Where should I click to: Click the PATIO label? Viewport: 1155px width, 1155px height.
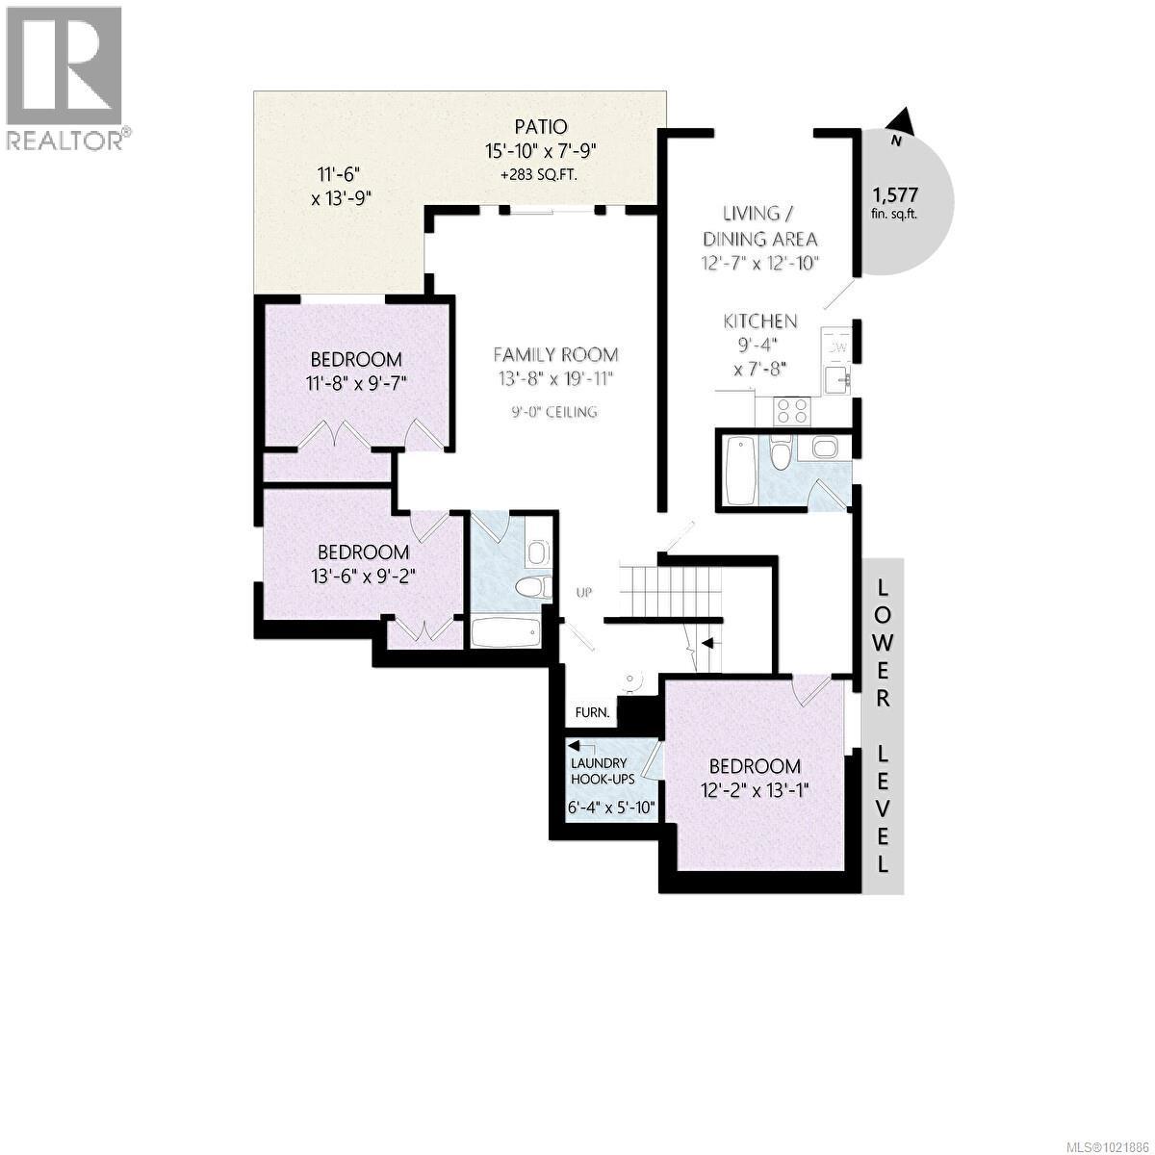[x=540, y=126]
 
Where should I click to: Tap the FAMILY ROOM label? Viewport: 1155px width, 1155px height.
[x=555, y=354]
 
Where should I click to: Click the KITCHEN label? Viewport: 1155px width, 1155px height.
[x=760, y=321]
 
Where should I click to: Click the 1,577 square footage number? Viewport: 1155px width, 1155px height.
[x=895, y=192]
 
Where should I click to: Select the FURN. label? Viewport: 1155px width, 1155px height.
[x=592, y=713]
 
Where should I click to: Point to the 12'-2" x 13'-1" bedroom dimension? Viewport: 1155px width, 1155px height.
[x=755, y=789]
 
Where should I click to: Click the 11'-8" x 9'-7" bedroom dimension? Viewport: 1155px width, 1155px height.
[x=354, y=381]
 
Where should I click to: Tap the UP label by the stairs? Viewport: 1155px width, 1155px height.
[x=583, y=592]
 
